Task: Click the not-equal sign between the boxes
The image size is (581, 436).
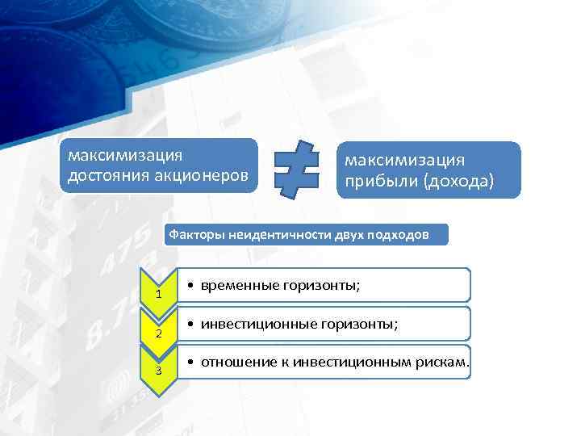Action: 295,169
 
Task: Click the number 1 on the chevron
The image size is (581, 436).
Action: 159,294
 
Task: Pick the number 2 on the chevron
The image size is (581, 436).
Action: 159,333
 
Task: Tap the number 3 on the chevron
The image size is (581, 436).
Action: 159,371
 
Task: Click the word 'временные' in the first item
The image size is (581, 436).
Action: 239,285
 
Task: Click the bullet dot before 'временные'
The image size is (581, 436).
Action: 187,286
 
